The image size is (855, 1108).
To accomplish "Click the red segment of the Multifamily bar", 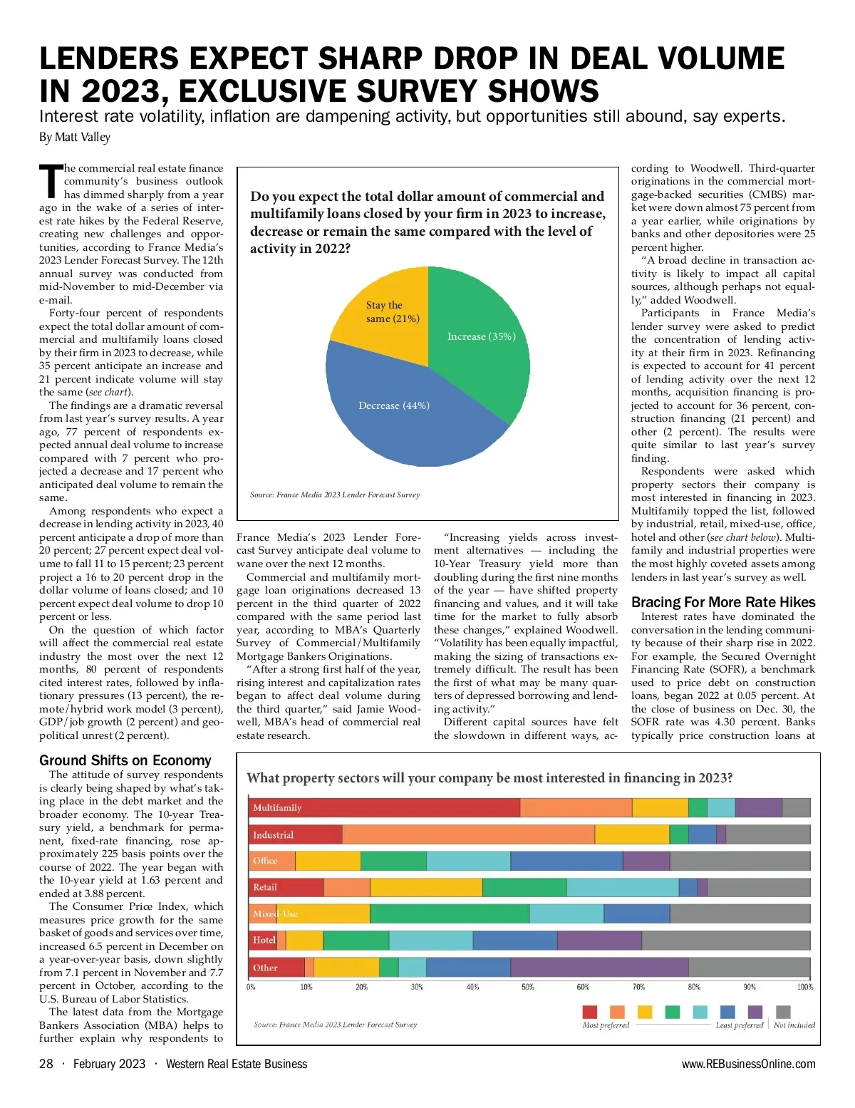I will click(385, 807).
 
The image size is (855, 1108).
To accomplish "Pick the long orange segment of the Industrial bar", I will click(468, 834).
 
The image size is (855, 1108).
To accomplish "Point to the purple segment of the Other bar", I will click(599, 967).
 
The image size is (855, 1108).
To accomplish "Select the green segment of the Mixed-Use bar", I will click(450, 913).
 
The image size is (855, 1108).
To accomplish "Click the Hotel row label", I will click(264, 940).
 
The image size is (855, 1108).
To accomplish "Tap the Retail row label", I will click(265, 887).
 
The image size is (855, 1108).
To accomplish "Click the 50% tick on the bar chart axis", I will click(528, 987).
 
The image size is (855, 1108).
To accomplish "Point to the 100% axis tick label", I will click(805, 987).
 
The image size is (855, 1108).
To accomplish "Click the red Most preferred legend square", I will click(590, 1012).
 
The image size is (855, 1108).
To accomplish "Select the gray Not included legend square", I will click(783, 1012).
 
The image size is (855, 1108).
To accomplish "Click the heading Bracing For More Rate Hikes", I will click(722, 602).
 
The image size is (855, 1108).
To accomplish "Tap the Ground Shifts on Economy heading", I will click(125, 760).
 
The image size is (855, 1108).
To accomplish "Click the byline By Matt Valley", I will click(75, 137).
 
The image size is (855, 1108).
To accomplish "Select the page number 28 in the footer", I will click(46, 1064).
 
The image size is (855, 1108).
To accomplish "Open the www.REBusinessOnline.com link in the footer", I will click(748, 1064).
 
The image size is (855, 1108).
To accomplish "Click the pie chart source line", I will click(335, 495).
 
